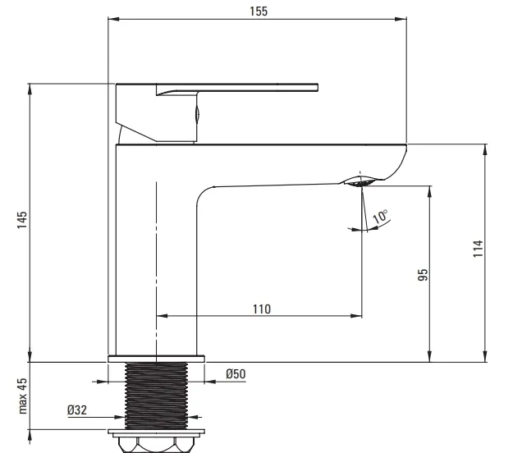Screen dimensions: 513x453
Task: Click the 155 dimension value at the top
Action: tap(259, 11)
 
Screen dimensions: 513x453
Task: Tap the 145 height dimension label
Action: tap(22, 220)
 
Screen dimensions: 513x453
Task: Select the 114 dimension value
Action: tap(478, 249)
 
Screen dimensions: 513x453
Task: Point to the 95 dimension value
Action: tap(423, 275)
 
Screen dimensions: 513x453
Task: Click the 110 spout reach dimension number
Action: tap(262, 309)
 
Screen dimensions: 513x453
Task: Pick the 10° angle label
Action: tap(380, 217)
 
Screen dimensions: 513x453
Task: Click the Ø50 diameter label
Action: tap(236, 374)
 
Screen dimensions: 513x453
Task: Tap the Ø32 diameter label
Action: tap(77, 410)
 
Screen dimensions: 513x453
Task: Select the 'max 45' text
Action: tap(22, 396)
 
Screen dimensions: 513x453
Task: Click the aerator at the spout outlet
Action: tap(360, 182)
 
